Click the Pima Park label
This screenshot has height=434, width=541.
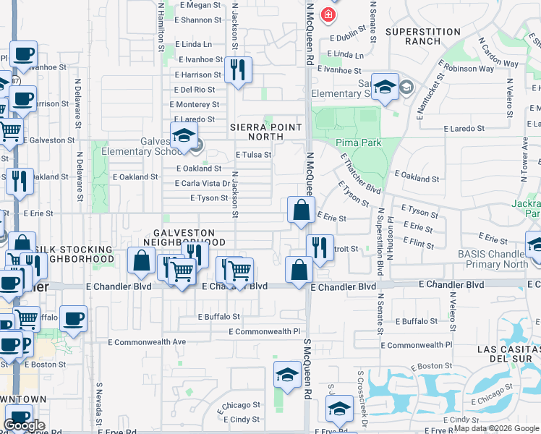(x=358, y=142)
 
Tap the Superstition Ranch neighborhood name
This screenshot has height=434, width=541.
(x=423, y=36)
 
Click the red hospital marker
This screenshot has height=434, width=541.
(x=328, y=14)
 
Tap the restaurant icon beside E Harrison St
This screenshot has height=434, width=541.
(x=237, y=70)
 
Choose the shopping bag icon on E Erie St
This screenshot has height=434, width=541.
(x=301, y=210)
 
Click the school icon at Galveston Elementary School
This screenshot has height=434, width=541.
(x=184, y=135)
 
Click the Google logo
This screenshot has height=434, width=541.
(x=24, y=425)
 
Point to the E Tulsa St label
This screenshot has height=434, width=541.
(x=253, y=155)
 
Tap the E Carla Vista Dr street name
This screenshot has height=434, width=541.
(x=203, y=184)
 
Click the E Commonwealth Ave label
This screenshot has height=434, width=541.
(x=148, y=341)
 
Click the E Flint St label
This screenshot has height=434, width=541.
(x=417, y=245)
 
